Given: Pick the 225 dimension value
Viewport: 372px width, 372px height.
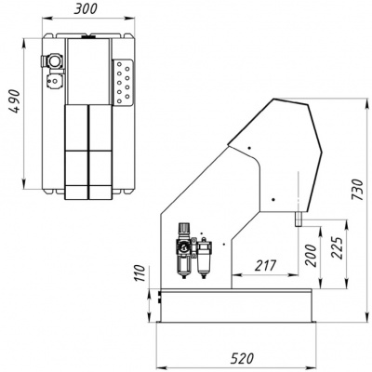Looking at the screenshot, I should tap(336, 248).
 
